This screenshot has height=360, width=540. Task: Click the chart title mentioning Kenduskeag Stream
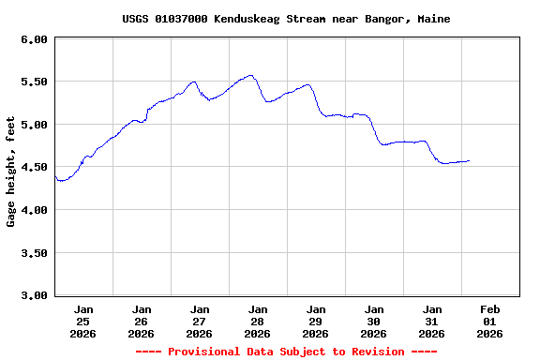tap(286, 19)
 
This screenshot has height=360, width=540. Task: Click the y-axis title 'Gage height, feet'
tap(11, 172)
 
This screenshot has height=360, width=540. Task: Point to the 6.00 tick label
tap(33, 39)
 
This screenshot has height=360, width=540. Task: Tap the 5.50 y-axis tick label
tap(33, 82)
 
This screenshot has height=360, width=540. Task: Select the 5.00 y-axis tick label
tap(33, 125)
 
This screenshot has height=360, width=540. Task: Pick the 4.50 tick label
tap(33, 167)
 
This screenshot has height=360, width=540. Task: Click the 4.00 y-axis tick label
tap(33, 210)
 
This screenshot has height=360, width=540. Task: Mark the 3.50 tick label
tap(33, 253)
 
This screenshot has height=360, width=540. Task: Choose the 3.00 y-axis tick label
tap(33, 295)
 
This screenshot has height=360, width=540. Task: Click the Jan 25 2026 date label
tap(83, 321)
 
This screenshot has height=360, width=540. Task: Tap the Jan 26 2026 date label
tap(142, 321)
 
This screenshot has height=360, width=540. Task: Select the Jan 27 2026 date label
tap(200, 321)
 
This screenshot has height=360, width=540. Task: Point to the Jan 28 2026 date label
tap(258, 321)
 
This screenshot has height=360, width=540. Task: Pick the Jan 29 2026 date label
tap(316, 321)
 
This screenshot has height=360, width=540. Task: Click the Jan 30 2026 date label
tap(374, 321)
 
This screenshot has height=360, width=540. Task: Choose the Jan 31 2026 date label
tap(432, 321)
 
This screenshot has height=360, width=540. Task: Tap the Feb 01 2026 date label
tap(490, 321)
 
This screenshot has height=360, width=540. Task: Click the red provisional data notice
tap(286, 352)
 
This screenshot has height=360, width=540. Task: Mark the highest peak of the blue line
tap(250, 75)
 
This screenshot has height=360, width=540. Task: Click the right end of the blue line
tap(469, 160)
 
